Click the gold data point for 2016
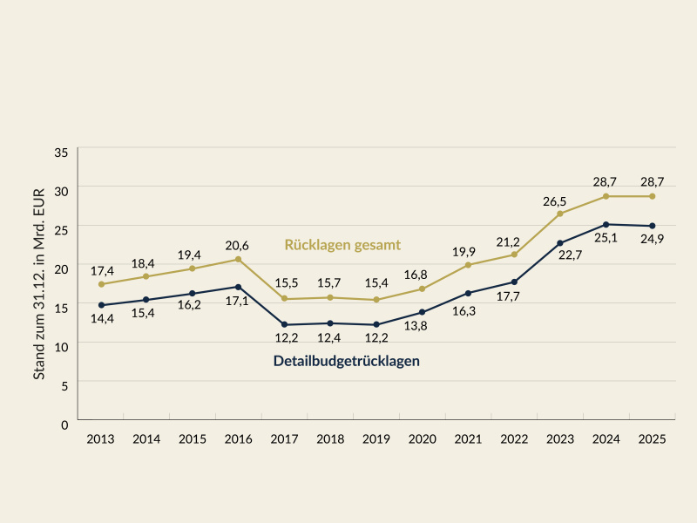point(239,259)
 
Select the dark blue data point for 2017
point(285,324)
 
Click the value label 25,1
point(606,237)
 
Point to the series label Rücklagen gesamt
point(342,244)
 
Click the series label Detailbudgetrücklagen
point(347,360)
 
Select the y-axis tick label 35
point(61,152)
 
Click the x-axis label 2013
point(101,439)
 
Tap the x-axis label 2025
point(652,439)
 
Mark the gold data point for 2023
point(560,214)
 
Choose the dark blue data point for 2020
point(423,312)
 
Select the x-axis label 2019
point(376,439)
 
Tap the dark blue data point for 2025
point(652,226)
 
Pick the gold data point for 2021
point(468,265)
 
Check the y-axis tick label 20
point(61,269)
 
